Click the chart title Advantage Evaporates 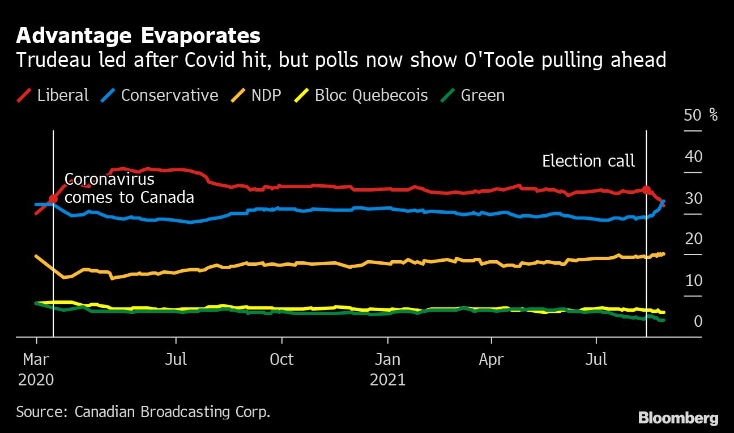point(138,36)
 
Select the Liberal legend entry point(53,95)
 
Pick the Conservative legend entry point(161,95)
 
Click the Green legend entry point(473,95)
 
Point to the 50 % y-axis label point(701,116)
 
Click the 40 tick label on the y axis point(693,157)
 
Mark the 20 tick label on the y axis point(693,239)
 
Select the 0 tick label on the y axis point(698,322)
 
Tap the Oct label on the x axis point(281,359)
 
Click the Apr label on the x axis point(491,359)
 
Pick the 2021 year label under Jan point(387,379)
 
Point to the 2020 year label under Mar point(36,379)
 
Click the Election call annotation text point(588,161)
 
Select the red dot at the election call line point(646,190)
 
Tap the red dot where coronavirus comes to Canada point(53,199)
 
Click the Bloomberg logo point(678,418)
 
